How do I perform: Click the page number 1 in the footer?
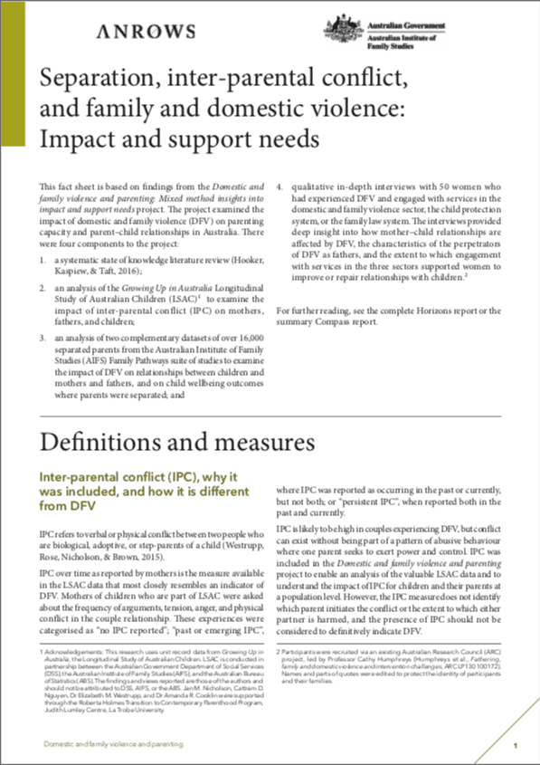(x=514, y=744)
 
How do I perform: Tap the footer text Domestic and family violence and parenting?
(x=114, y=743)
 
